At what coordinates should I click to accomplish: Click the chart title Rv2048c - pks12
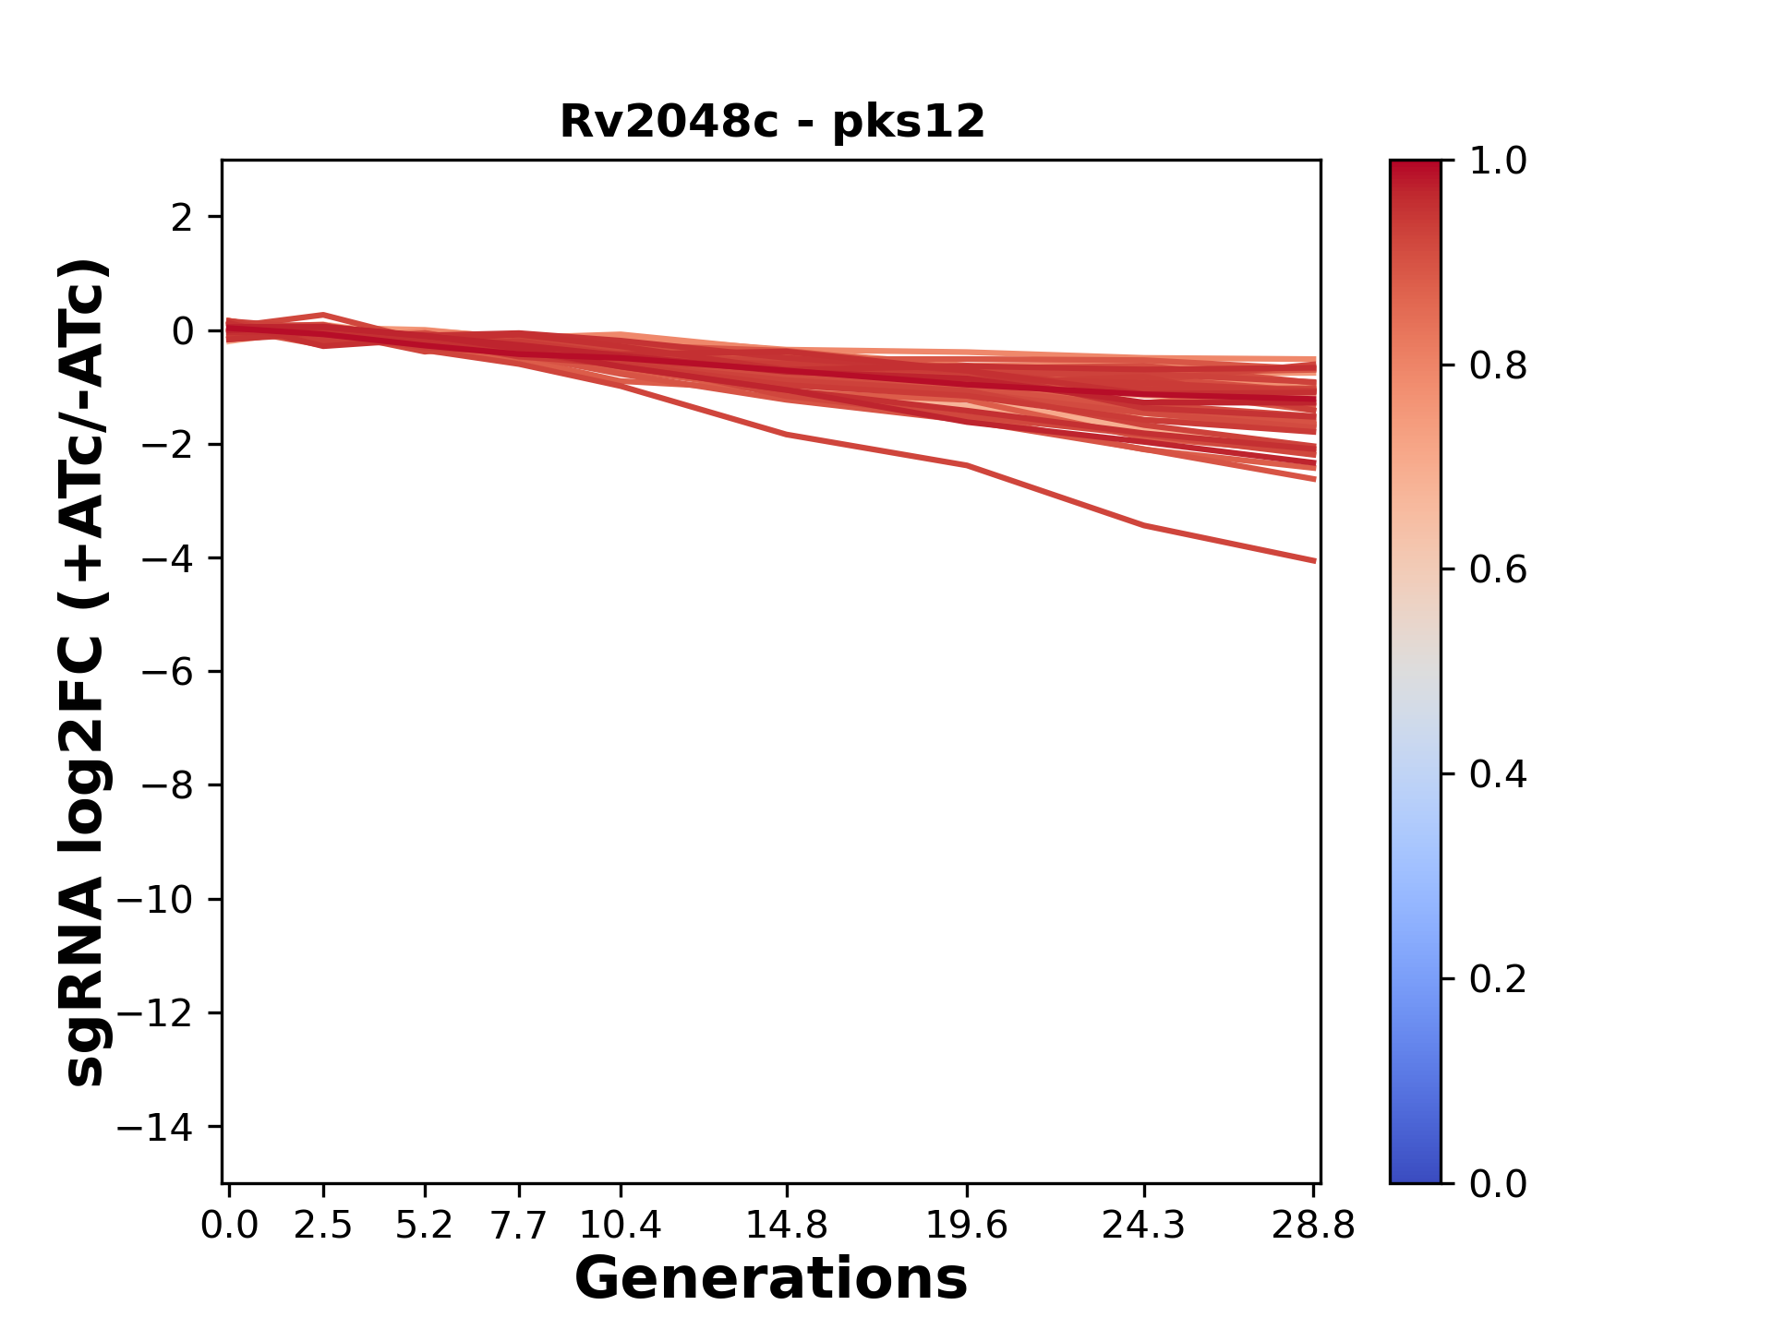(x=772, y=122)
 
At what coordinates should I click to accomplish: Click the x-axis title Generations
(x=771, y=1279)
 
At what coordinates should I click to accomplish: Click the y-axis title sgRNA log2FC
(x=85, y=672)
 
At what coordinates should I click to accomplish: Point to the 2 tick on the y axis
(x=182, y=218)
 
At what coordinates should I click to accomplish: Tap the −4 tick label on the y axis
(x=167, y=558)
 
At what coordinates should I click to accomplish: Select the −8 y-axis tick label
(x=167, y=785)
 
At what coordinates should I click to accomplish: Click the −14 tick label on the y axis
(x=155, y=1127)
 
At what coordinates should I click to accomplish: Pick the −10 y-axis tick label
(x=155, y=900)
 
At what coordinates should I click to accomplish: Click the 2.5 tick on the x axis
(x=323, y=1226)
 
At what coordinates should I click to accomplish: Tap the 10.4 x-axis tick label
(x=621, y=1226)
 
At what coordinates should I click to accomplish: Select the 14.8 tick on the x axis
(x=787, y=1226)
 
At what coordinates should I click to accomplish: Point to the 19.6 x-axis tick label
(x=967, y=1226)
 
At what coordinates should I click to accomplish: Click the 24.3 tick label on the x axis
(x=1144, y=1226)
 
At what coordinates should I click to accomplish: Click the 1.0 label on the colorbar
(x=1498, y=162)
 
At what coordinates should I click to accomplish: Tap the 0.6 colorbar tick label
(x=1498, y=570)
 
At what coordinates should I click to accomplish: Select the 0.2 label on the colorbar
(x=1498, y=979)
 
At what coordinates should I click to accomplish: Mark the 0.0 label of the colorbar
(x=1498, y=1183)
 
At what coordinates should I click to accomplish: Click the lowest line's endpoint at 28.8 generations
(x=1314, y=560)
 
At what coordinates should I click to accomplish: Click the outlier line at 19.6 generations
(x=967, y=465)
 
